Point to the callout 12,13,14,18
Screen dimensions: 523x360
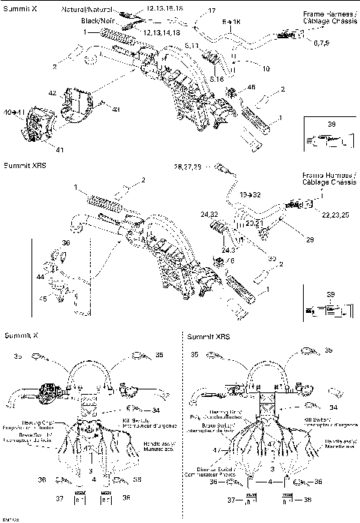[x=160, y=34]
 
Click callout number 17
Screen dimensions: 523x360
[x=211, y=11]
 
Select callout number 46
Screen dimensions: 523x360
[x=250, y=89]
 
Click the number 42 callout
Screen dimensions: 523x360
[x=52, y=94]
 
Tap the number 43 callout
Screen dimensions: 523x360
[x=115, y=110]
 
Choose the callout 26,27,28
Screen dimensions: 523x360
[x=187, y=166]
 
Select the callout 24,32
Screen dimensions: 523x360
[x=209, y=214]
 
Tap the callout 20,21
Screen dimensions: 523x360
[x=255, y=222]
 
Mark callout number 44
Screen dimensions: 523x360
[x=40, y=278]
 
